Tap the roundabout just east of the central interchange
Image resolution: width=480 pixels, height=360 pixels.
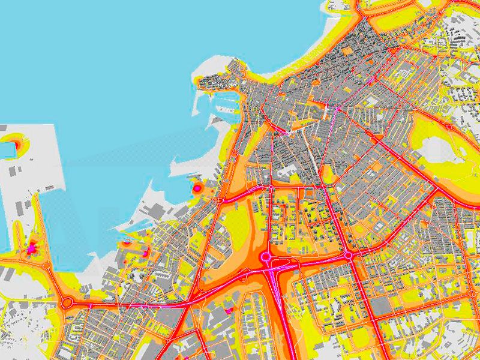coord(348,256)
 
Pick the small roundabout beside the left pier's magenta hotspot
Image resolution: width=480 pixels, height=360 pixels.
coord(46,264)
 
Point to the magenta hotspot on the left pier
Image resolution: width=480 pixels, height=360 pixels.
coord(32,247)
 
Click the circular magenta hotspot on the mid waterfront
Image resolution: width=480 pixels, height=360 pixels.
coord(197,188)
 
